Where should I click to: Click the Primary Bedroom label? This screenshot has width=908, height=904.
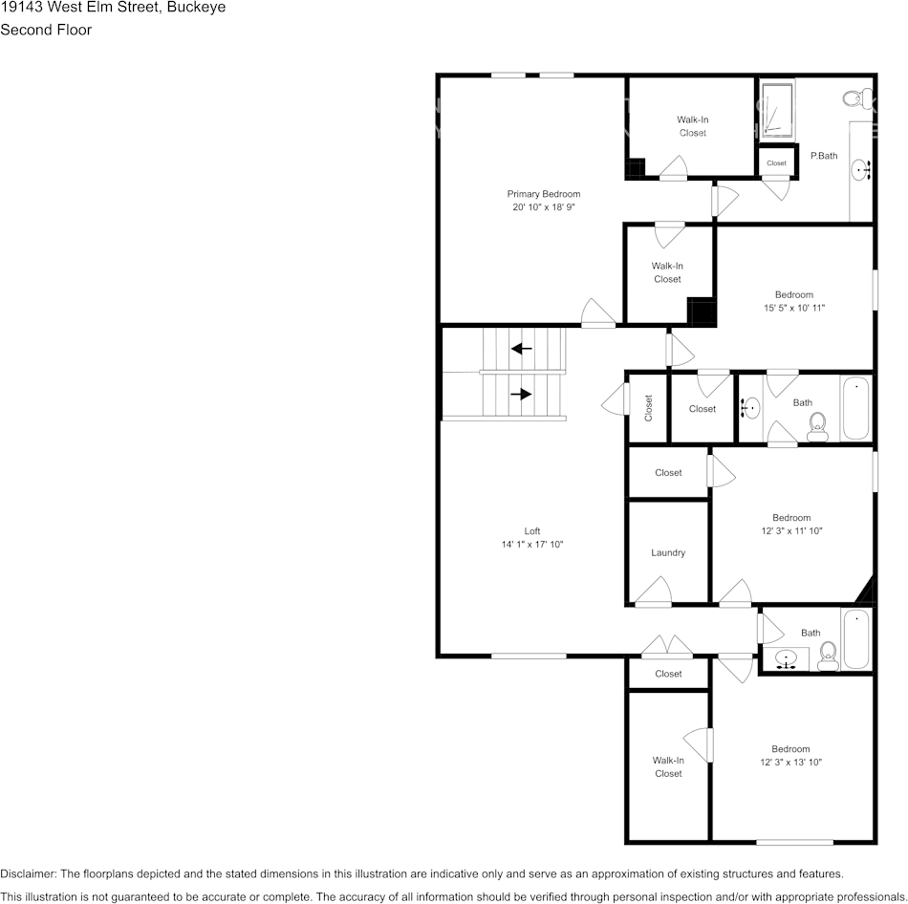[x=544, y=194]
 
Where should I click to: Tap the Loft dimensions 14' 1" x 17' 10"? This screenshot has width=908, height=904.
[x=532, y=544]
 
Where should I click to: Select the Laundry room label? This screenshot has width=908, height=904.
[x=668, y=552]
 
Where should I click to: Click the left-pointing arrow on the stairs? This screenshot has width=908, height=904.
[x=521, y=349]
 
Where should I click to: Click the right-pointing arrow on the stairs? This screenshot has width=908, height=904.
[x=521, y=393]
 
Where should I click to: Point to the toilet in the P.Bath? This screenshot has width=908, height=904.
[x=856, y=97]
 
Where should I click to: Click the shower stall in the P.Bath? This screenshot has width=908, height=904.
[x=778, y=110]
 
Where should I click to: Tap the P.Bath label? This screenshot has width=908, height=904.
[x=824, y=155]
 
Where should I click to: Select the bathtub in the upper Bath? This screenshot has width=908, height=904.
[x=856, y=408]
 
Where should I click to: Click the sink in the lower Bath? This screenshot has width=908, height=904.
[x=787, y=658]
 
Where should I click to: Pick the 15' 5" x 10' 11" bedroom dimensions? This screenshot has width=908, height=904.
[x=793, y=308]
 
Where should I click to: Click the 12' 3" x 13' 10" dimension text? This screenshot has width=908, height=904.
[x=791, y=762]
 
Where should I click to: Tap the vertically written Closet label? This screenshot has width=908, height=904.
[x=648, y=408]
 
